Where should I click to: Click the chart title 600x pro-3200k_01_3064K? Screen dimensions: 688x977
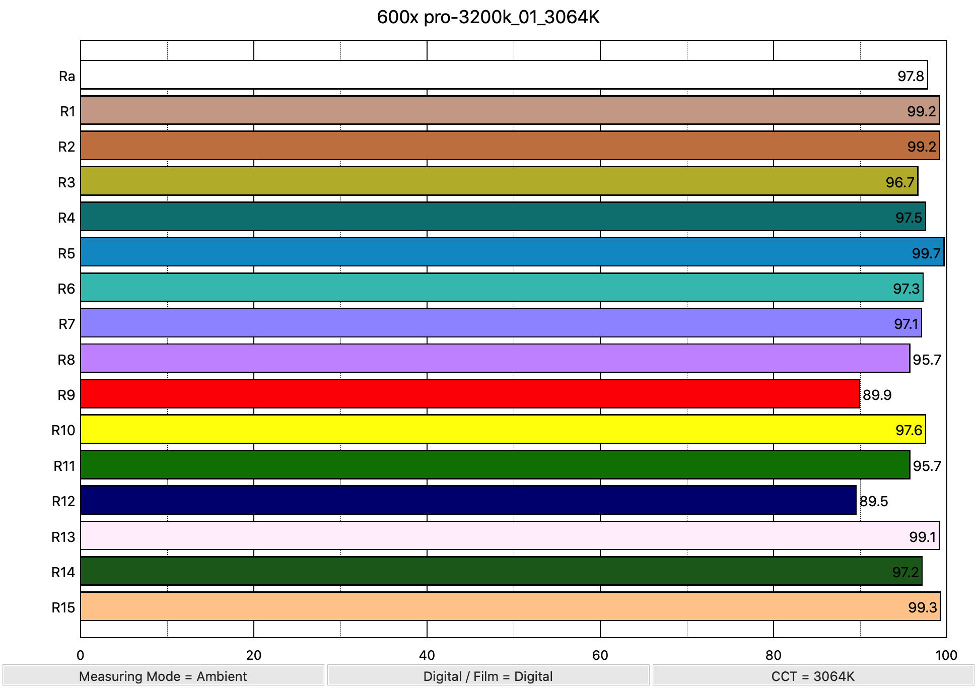pyautogui.click(x=488, y=17)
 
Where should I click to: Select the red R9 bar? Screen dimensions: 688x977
pyautogui.click(x=469, y=394)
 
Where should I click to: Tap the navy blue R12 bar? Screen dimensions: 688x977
pyautogui.click(x=468, y=500)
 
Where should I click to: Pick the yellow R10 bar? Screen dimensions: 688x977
pyautogui.click(x=503, y=429)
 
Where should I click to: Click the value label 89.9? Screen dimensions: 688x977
pyautogui.click(x=877, y=395)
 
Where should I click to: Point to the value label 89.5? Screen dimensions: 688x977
pyautogui.click(x=873, y=501)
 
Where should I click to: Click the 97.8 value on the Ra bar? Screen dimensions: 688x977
pyautogui.click(x=911, y=76)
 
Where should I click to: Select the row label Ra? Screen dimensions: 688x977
pyautogui.click(x=67, y=76)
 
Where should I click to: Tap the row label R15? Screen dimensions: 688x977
pyautogui.click(x=63, y=607)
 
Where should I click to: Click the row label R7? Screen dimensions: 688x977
pyautogui.click(x=66, y=324)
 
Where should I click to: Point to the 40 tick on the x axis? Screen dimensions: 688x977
pyautogui.click(x=427, y=655)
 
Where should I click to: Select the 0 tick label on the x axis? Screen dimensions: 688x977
pyautogui.click(x=81, y=655)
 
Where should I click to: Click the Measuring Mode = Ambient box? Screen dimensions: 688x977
pyautogui.click(x=163, y=676)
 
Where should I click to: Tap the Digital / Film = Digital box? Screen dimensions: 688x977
pyautogui.click(x=488, y=676)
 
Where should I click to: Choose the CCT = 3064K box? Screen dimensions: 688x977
pyautogui.click(x=813, y=676)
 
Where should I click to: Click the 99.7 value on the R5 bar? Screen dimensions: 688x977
pyautogui.click(x=926, y=253)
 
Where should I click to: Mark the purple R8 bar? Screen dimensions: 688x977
pyautogui.click(x=495, y=359)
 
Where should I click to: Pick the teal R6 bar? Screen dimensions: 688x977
pyautogui.click(x=502, y=288)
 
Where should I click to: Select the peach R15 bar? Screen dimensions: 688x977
pyautogui.click(x=510, y=606)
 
